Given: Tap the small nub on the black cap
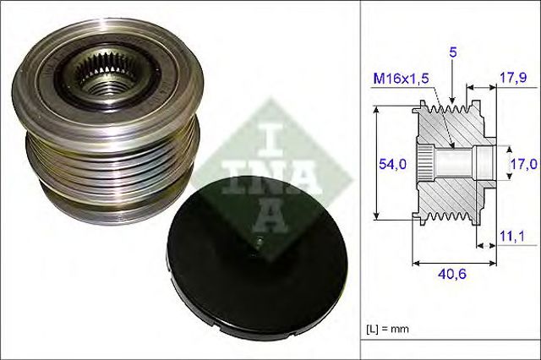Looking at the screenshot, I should [260, 245].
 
